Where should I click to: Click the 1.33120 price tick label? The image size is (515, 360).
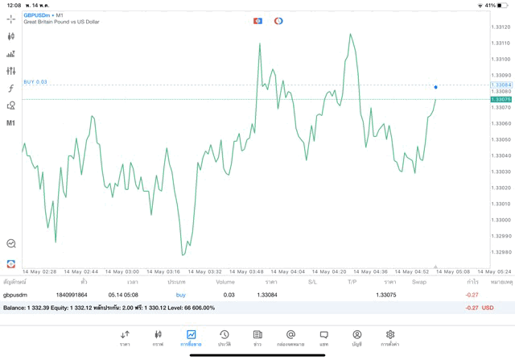pyautogui.click(x=500, y=27)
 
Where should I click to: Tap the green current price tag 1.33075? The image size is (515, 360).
pyautogui.click(x=501, y=99)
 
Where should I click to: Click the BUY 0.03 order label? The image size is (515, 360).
pyautogui.click(x=35, y=82)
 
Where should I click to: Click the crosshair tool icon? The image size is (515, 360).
pyautogui.click(x=11, y=19)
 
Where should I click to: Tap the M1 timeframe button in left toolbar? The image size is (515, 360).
pyautogui.click(x=11, y=123)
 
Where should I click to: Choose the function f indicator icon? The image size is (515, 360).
pyautogui.click(x=11, y=89)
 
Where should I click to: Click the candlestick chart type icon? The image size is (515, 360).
pyautogui.click(x=11, y=36)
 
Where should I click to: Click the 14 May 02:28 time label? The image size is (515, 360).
pyautogui.click(x=39, y=272)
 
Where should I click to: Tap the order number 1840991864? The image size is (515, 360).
pyautogui.click(x=72, y=295)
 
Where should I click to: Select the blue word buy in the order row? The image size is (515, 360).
pyautogui.click(x=181, y=295)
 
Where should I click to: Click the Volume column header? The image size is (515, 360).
pyautogui.click(x=225, y=283)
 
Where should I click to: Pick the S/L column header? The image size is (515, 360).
pyautogui.click(x=312, y=283)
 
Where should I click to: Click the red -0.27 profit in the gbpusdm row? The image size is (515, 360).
pyautogui.click(x=472, y=295)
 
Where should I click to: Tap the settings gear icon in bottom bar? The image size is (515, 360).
pyautogui.click(x=390, y=334)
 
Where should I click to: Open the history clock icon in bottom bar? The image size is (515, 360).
pyautogui.click(x=225, y=334)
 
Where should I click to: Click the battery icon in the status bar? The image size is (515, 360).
pyautogui.click(x=502, y=5)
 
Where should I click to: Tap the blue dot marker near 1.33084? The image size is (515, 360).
pyautogui.click(x=435, y=87)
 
